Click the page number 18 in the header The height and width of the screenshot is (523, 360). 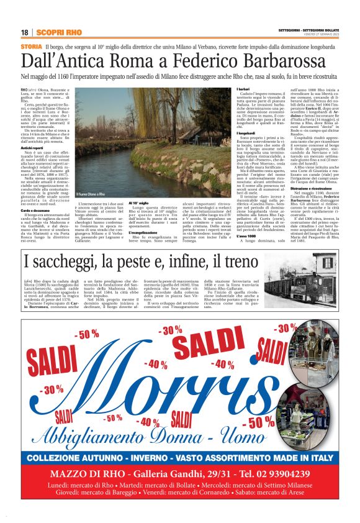(x=24, y=32)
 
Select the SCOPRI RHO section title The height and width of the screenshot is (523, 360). (x=59, y=32)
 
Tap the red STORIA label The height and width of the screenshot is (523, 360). (x=31, y=47)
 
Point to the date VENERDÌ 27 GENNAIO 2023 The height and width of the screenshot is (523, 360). (x=322, y=35)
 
